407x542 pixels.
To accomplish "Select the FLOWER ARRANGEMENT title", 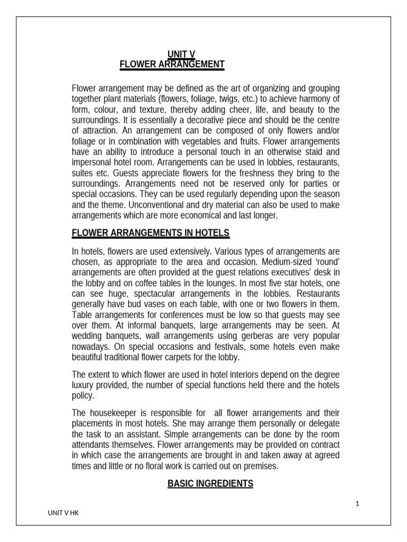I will [x=172, y=65].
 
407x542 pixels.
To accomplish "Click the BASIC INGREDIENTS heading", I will [x=210, y=483].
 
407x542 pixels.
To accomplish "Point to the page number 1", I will [x=357, y=504].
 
